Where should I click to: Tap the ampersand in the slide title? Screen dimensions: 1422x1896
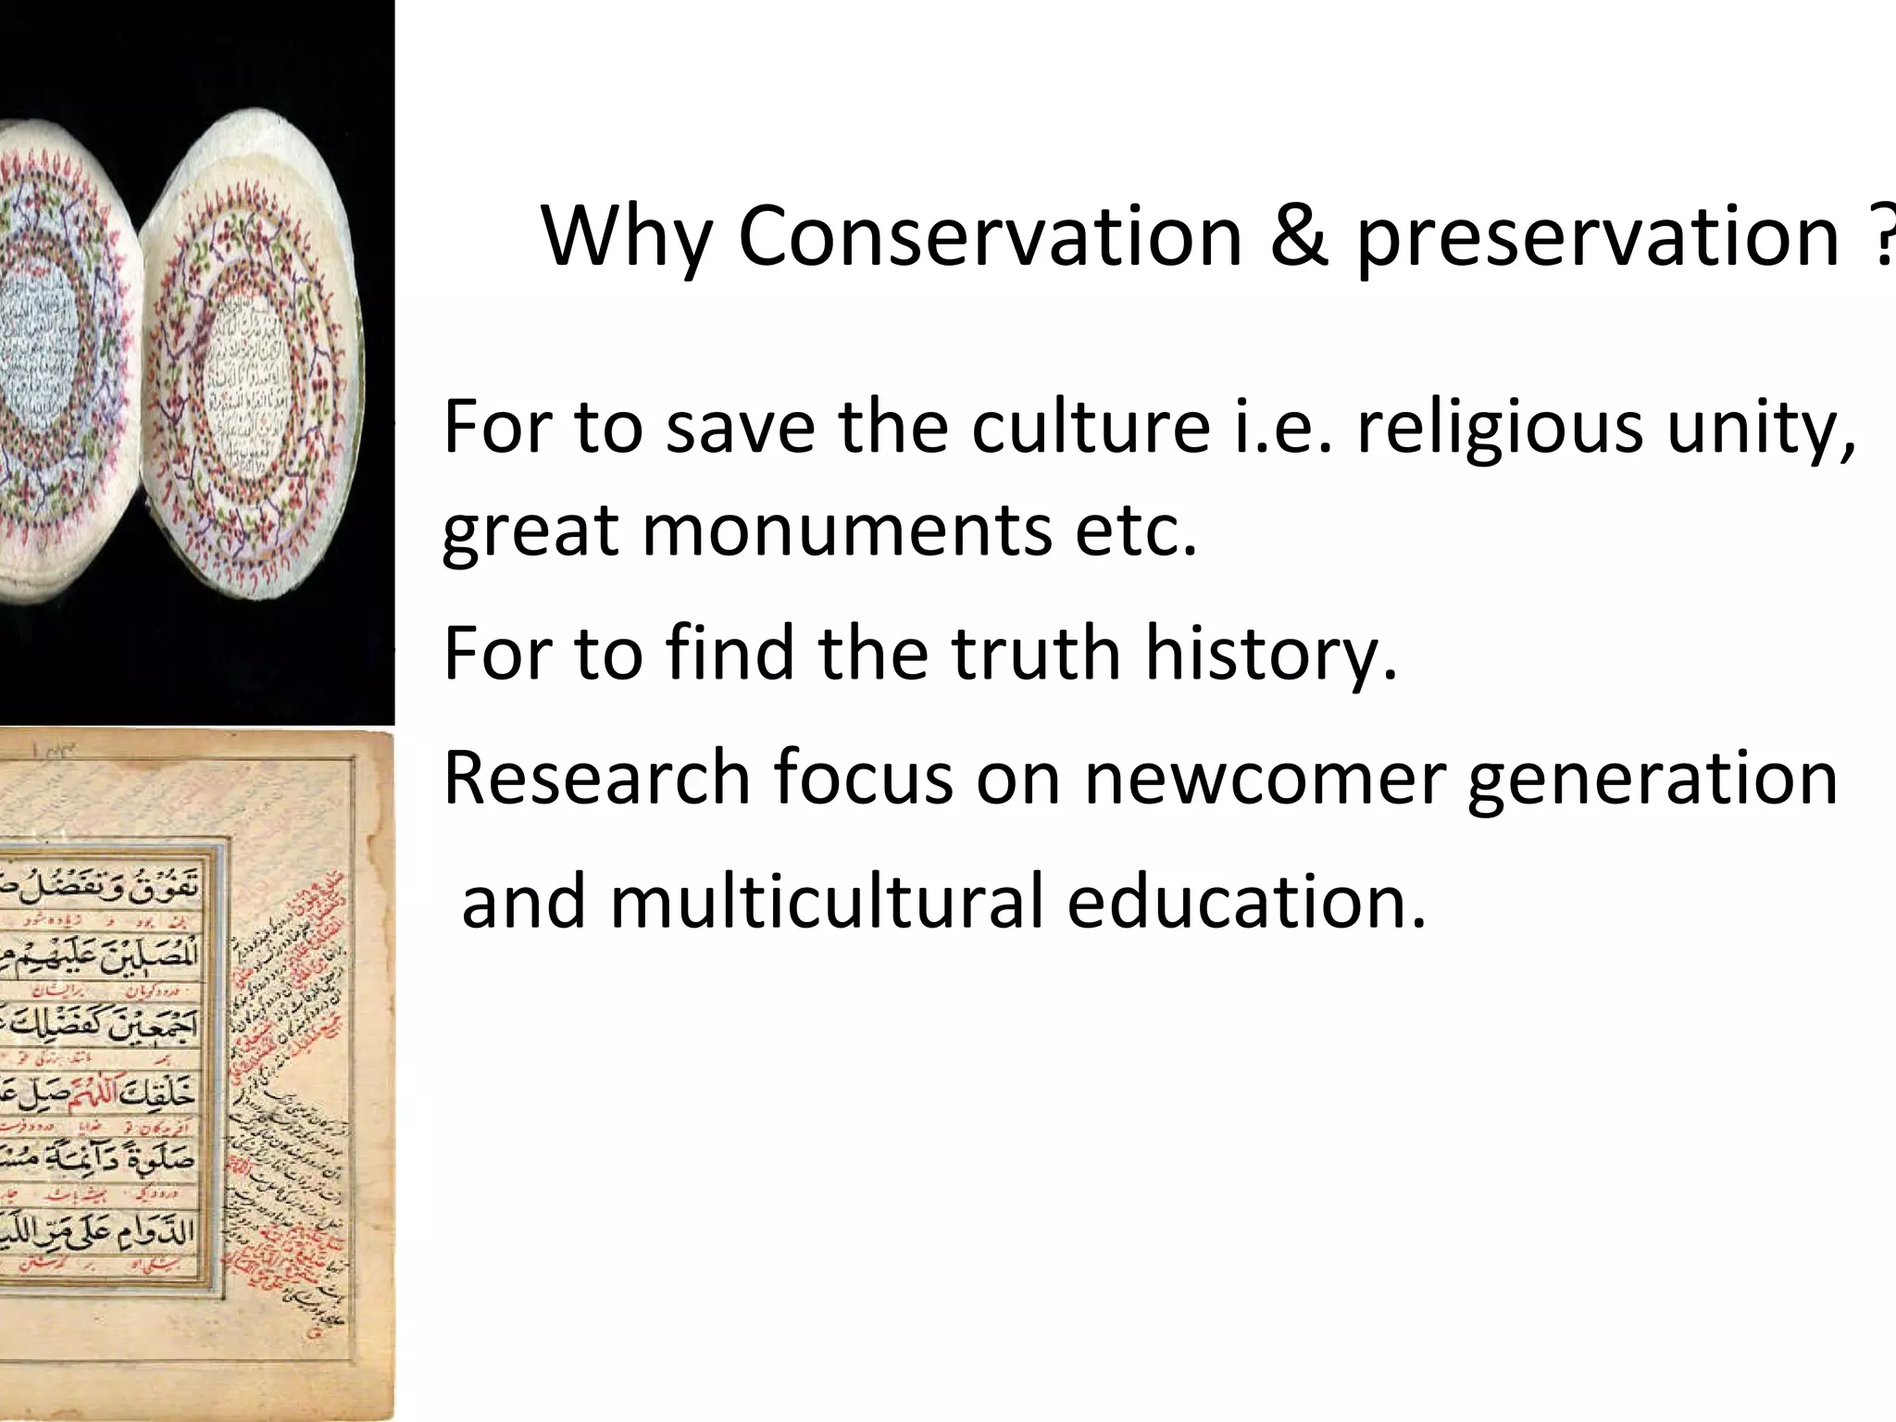(x=1300, y=236)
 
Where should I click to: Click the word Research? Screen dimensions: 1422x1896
(x=596, y=778)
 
